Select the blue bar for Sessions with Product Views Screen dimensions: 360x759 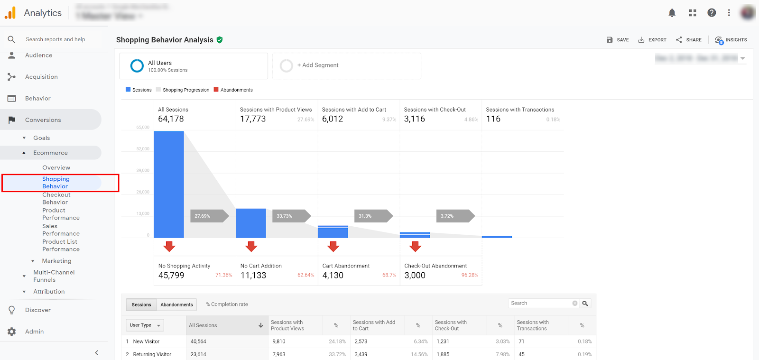click(x=250, y=223)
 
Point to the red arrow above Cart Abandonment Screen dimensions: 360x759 click(x=333, y=246)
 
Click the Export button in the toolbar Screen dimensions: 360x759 click(x=652, y=40)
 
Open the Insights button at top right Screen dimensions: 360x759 click(x=731, y=40)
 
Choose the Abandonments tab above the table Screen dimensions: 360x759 click(x=176, y=305)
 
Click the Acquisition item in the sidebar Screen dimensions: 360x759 click(x=41, y=77)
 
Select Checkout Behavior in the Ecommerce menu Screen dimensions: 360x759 click(x=56, y=198)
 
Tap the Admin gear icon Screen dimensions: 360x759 click(x=12, y=332)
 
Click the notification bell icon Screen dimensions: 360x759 click(x=672, y=13)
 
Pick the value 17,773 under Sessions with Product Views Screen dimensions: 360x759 click(x=253, y=119)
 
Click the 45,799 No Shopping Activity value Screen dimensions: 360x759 click(x=171, y=276)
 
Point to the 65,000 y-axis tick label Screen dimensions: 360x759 click(x=143, y=127)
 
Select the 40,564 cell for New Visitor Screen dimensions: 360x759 click(x=198, y=342)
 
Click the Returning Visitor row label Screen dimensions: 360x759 click(x=152, y=354)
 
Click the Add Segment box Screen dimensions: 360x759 click(x=346, y=65)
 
